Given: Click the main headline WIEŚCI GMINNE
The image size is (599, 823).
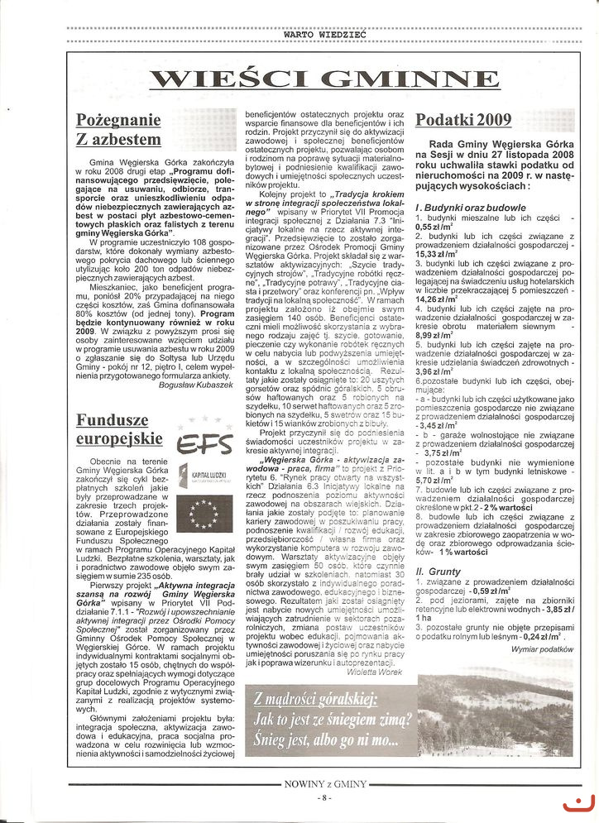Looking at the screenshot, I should (x=325, y=80).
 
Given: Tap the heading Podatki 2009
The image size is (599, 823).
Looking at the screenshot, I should (x=463, y=119).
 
